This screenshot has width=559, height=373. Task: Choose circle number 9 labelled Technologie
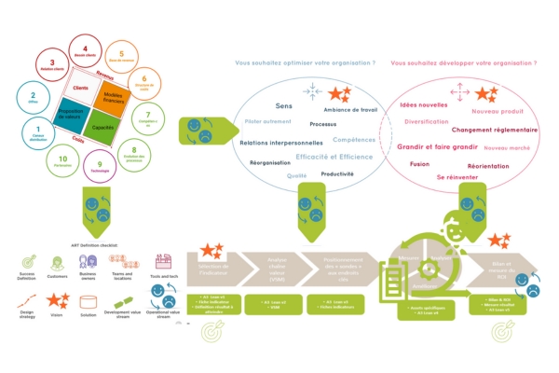pos(100,167)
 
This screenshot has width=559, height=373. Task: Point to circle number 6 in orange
pos(143,85)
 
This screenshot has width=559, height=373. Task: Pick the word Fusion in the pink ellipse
pos(419,164)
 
